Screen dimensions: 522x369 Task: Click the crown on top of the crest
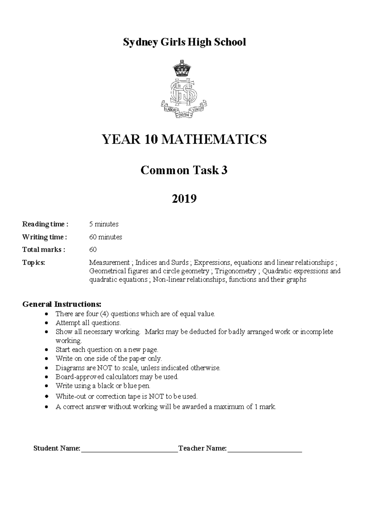point(184,68)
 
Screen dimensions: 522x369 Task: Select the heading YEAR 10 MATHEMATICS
point(184,139)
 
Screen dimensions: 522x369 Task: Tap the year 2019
point(184,199)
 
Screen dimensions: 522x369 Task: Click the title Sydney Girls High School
point(184,42)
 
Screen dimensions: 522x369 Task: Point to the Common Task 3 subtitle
point(184,170)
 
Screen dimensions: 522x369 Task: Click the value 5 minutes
point(104,224)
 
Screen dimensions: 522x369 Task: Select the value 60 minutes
point(105,237)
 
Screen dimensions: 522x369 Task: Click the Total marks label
point(43,250)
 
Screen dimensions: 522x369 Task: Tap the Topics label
point(34,263)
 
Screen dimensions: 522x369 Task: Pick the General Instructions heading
point(61,304)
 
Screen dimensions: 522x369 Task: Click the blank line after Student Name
point(129,451)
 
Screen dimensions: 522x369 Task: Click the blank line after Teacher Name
point(264,451)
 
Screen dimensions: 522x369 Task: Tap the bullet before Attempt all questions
point(46,323)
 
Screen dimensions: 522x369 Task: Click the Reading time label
point(45,224)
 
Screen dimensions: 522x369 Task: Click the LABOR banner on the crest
point(170,109)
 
